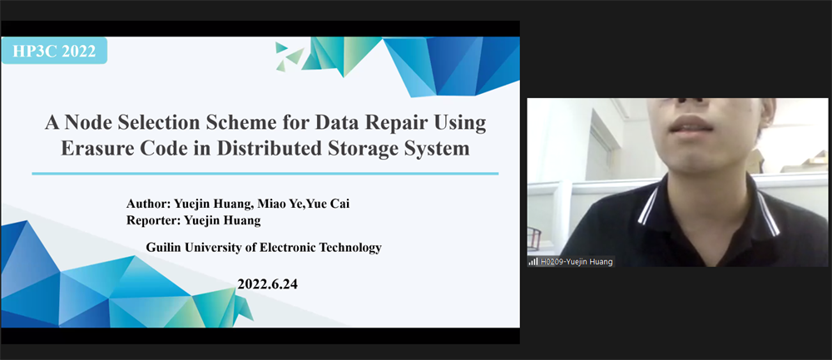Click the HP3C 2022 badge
[53, 51]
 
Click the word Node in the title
[86, 123]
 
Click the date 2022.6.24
[267, 284]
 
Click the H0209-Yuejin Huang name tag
[577, 261]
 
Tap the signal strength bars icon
[532, 261]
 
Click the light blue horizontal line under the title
[265, 174]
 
